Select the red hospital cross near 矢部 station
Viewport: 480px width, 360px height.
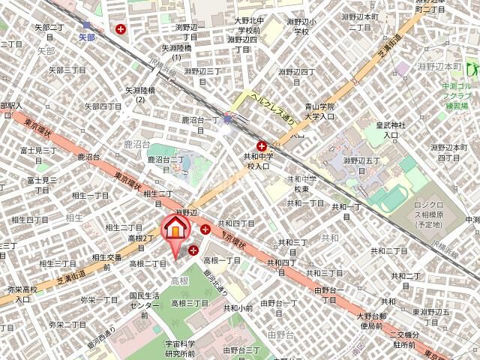(121, 30)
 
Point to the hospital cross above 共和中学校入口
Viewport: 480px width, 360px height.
(262, 145)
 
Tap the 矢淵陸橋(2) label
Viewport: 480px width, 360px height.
(140, 94)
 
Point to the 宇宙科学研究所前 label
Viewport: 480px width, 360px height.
(180, 348)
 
